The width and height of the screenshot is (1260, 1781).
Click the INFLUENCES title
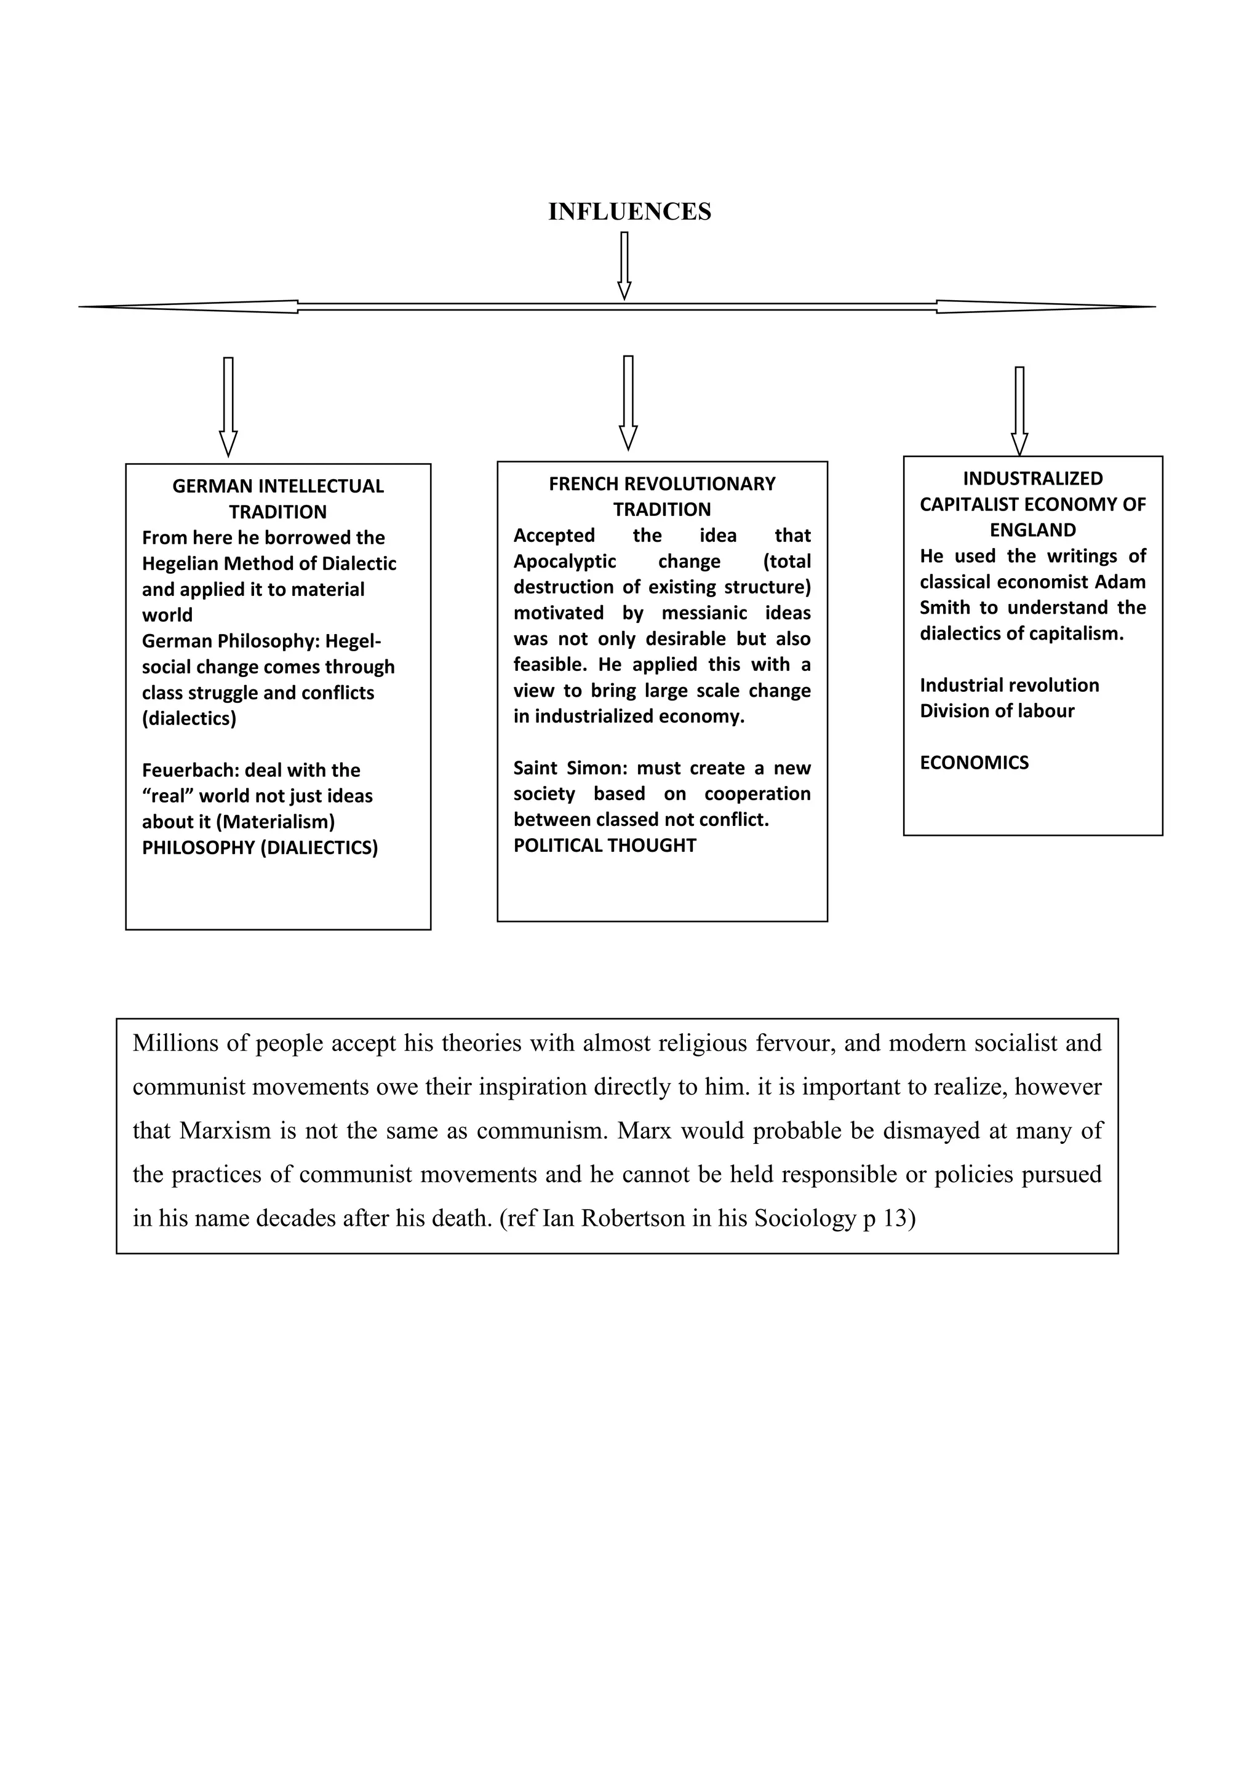629,212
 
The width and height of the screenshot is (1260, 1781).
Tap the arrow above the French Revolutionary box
628,402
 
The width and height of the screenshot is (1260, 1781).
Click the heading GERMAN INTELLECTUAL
277,486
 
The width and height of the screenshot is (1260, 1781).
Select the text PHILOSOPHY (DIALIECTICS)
260,848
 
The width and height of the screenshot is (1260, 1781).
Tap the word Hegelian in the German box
180,564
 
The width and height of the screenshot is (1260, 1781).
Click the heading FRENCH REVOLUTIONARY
662,484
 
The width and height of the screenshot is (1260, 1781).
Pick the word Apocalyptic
565,561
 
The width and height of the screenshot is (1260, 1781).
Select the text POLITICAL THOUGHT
604,846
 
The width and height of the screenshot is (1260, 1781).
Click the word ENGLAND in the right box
1033,531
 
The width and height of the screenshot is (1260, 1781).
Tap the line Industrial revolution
1010,686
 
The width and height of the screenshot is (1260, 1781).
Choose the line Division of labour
997,712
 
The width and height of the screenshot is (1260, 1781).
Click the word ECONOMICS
974,763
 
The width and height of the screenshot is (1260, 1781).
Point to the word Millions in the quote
175,1043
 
